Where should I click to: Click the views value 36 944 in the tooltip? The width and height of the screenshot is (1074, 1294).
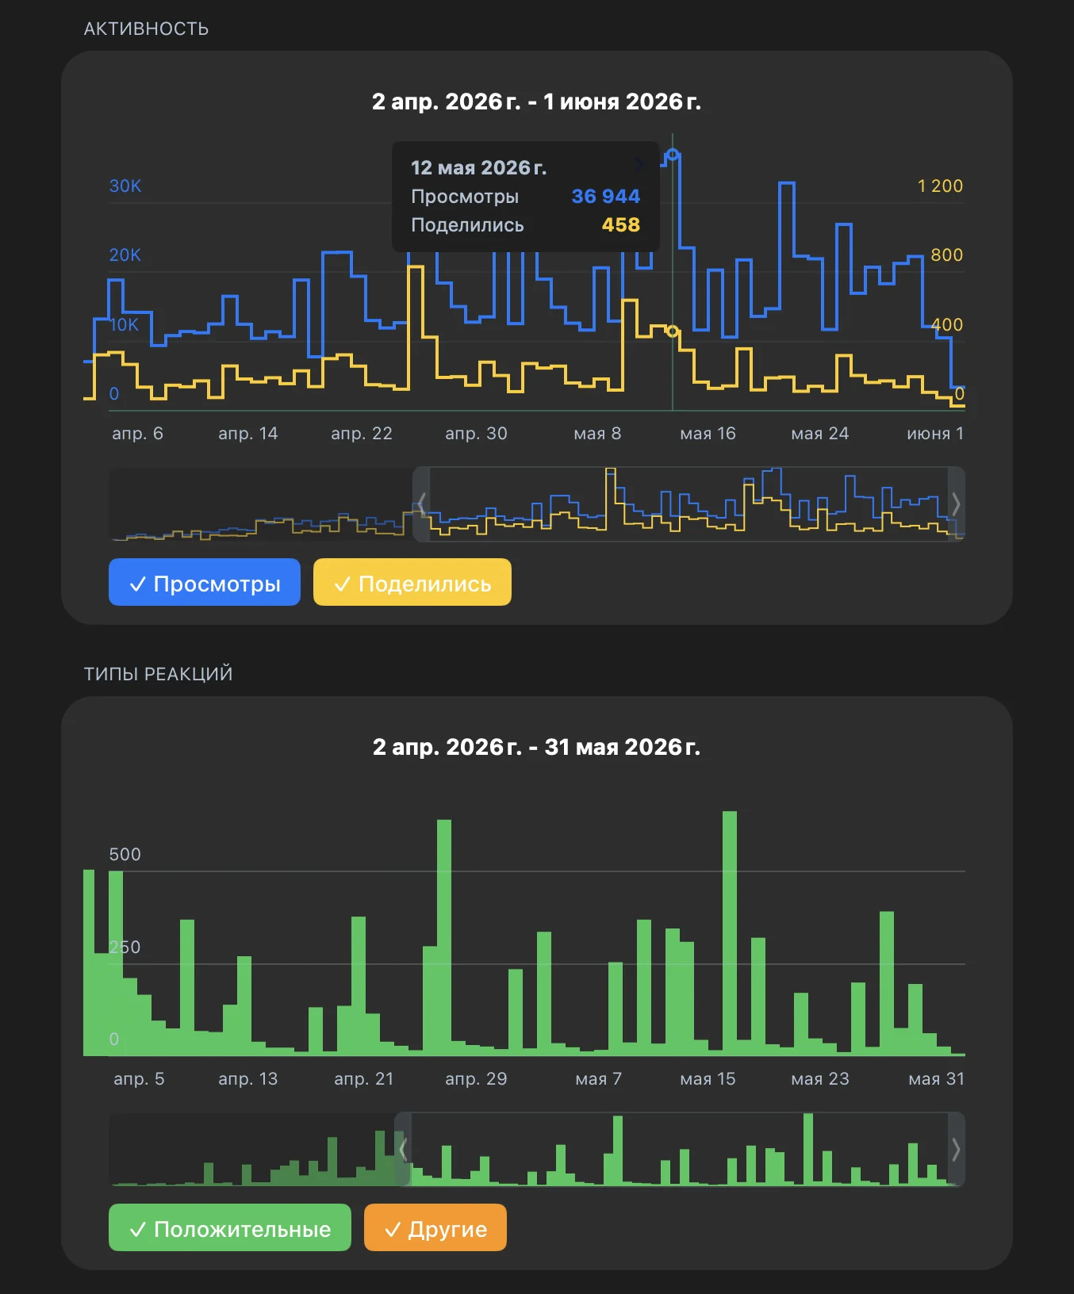pos(605,196)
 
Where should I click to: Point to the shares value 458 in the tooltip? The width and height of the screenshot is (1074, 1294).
pos(620,225)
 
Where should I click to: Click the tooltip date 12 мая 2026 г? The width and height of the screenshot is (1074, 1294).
pos(478,167)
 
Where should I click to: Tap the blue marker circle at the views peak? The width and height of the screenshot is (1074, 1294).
pos(673,155)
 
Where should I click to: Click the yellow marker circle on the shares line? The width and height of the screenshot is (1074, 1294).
pos(673,331)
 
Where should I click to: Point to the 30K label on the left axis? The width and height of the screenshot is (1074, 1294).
pos(125,186)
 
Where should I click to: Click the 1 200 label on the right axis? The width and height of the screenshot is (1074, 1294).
pos(940,186)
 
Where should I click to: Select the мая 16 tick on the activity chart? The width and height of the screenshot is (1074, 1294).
pos(708,434)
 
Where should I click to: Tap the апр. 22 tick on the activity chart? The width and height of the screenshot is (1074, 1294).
pos(362,434)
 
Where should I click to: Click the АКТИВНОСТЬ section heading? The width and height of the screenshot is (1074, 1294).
pos(147,29)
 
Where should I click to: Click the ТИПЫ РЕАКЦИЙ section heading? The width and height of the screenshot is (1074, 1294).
pos(159,674)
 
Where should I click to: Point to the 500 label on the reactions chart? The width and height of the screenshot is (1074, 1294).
pos(125,854)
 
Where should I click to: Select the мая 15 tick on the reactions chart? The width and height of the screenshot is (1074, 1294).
pos(708,1079)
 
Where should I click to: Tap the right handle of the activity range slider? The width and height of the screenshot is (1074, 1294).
pos(957,504)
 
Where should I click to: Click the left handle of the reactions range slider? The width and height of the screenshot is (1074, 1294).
pos(403,1150)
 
